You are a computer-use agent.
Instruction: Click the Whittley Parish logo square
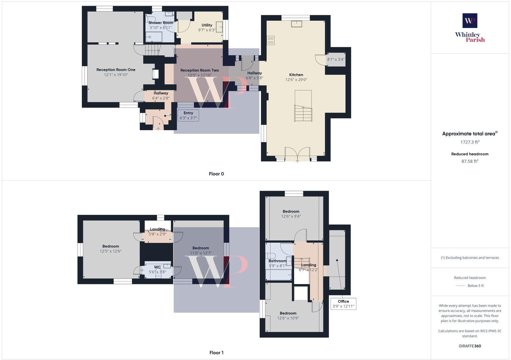pyautogui.click(x=470, y=21)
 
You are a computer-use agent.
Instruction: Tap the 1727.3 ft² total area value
pyautogui.click(x=470, y=142)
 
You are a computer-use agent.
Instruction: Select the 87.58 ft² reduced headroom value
pyautogui.click(x=470, y=161)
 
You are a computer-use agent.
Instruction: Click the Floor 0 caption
pyautogui.click(x=216, y=174)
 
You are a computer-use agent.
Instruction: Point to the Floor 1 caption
pyautogui.click(x=216, y=353)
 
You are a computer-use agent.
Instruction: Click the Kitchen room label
pyautogui.click(x=296, y=75)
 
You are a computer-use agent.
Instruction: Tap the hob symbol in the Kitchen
pyautogui.click(x=271, y=40)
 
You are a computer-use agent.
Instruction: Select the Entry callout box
pyautogui.click(x=188, y=116)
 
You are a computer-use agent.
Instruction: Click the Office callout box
pyautogui.click(x=343, y=304)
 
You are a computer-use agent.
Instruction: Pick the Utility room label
pyautogui.click(x=207, y=25)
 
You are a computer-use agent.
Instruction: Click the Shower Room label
pyautogui.click(x=161, y=23)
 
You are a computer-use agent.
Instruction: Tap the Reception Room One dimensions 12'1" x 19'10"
pyautogui.click(x=116, y=75)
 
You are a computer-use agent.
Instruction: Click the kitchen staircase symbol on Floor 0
pyautogui.click(x=303, y=113)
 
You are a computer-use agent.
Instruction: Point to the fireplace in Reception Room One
pyautogui.click(x=155, y=74)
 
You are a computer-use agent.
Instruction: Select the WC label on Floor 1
pyautogui.click(x=157, y=267)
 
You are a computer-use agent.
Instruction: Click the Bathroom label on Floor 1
pyautogui.click(x=277, y=261)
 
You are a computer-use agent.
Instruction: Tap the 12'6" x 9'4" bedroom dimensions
pyautogui.click(x=291, y=216)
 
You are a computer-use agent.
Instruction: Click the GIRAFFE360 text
pyautogui.click(x=470, y=346)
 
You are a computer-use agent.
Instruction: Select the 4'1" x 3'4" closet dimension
pyautogui.click(x=335, y=59)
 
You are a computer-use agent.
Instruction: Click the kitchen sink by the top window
pyautogui.click(x=296, y=24)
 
